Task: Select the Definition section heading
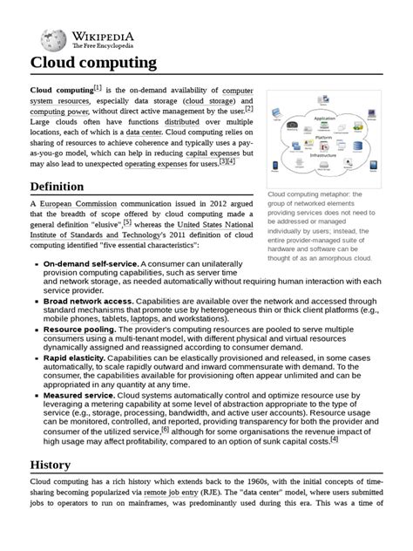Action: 57,187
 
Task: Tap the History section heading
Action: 50,466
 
